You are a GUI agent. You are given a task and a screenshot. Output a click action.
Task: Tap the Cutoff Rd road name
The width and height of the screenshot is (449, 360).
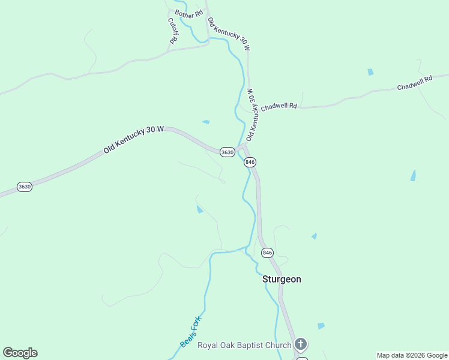[172, 31]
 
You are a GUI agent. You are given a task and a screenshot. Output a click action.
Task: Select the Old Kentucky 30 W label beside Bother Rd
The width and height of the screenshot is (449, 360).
[228, 34]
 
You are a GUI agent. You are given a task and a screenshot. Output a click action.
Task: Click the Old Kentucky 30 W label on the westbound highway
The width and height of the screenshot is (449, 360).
[133, 139]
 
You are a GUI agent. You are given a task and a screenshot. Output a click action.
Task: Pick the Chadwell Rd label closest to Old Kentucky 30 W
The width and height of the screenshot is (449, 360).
[279, 106]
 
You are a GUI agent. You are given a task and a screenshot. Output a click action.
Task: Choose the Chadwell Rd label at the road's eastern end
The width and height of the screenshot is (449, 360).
[415, 83]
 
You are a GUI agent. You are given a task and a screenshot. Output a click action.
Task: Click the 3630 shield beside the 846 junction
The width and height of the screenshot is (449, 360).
[227, 152]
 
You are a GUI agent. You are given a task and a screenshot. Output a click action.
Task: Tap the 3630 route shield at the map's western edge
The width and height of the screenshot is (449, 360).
[24, 187]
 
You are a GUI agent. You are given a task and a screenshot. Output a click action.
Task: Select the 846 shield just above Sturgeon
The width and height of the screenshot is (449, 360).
[268, 253]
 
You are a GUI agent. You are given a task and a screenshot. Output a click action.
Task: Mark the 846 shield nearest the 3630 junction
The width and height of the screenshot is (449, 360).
[250, 162]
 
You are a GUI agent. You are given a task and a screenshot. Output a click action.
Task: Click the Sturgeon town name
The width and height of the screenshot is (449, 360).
[282, 279]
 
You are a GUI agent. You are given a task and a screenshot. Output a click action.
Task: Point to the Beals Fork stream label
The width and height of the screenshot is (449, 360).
[190, 332]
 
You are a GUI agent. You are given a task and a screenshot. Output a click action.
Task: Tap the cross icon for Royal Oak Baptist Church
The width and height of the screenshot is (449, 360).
[301, 344]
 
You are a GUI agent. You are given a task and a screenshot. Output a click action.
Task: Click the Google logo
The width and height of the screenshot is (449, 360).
[20, 353]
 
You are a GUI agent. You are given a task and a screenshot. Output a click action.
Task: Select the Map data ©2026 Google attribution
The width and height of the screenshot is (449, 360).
[411, 355]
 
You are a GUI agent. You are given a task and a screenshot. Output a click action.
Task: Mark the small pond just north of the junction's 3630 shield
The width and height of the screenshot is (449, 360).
[206, 122]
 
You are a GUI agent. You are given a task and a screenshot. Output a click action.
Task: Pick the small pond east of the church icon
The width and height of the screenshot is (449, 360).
[321, 326]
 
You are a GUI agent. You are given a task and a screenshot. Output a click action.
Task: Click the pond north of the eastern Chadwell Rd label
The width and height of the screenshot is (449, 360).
[370, 72]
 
